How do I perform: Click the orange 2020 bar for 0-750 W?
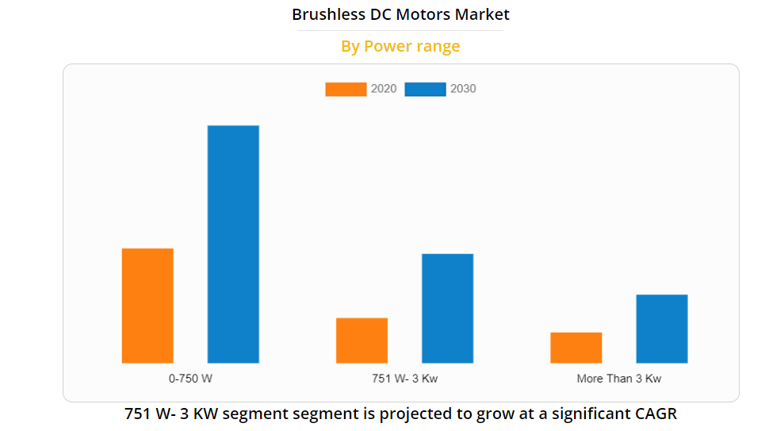147,306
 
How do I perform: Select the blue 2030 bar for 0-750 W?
233,244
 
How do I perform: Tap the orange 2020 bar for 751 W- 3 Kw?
362,341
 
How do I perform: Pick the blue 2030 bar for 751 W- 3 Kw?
447,308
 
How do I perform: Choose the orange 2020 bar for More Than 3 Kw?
576,348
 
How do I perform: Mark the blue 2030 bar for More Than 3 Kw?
661,329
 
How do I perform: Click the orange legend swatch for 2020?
346,89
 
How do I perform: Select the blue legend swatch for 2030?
425,89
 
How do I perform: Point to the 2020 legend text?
384,89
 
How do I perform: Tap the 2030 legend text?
463,89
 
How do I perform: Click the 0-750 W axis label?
190,379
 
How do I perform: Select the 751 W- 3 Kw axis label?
404,379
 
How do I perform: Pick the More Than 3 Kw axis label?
618,379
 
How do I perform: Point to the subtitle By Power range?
400,46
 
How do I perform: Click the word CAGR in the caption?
656,414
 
